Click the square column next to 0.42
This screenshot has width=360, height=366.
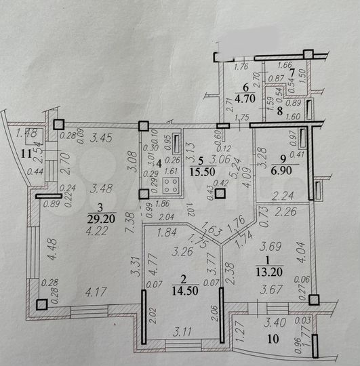click(x=220, y=193)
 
